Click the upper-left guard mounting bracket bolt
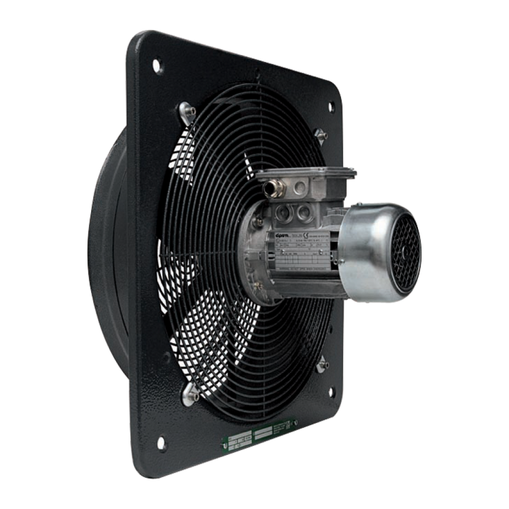coord(184,109)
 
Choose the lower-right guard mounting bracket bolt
coord(324,366)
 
